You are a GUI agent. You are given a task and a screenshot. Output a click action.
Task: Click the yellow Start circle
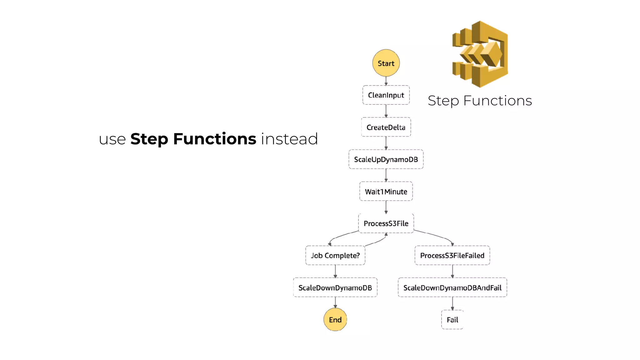[x=386, y=63]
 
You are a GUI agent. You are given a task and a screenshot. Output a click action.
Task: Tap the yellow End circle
[x=335, y=319]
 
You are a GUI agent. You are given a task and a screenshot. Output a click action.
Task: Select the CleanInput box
[x=386, y=95]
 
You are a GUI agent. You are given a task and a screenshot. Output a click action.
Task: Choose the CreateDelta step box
[x=386, y=127]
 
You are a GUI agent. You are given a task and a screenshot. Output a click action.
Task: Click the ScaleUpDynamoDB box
[x=386, y=159]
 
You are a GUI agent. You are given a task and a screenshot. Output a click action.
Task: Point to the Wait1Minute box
[x=386, y=191]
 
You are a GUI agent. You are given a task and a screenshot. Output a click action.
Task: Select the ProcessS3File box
[x=386, y=223]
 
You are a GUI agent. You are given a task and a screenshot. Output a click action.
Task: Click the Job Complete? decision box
[x=335, y=255]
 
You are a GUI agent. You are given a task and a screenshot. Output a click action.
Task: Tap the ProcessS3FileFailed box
[x=452, y=255]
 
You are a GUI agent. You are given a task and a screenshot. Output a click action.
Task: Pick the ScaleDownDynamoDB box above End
[x=335, y=287]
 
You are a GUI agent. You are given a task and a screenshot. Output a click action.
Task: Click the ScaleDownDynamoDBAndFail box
[x=452, y=287]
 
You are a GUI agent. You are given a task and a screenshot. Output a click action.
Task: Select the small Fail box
[x=452, y=320]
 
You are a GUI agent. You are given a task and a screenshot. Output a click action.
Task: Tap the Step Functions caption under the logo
[x=480, y=101]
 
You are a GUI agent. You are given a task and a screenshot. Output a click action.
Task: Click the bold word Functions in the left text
[x=215, y=139]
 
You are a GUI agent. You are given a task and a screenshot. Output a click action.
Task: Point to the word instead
[x=289, y=139]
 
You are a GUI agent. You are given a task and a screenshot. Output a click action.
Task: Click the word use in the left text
[x=112, y=140]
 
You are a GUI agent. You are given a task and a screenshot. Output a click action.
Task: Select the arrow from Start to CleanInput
[x=386, y=81]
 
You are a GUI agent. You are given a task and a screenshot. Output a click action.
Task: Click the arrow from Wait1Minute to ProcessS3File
[x=386, y=207]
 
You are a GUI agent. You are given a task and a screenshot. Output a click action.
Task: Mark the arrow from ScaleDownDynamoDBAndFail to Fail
[x=452, y=303]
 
